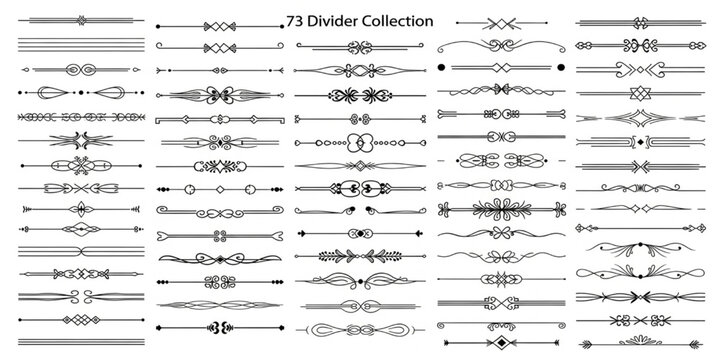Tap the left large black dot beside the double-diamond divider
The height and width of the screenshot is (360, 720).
(x=440, y=66)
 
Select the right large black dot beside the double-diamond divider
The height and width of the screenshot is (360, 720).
(x=561, y=66)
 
